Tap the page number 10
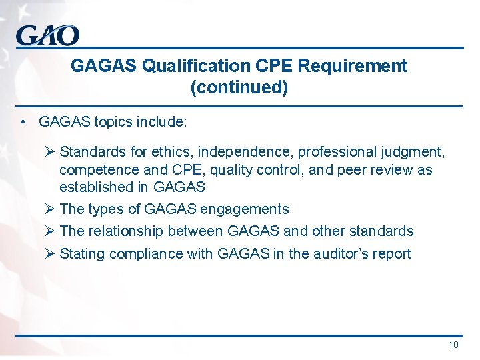click(453, 345)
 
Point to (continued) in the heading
click(239, 87)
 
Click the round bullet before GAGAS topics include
click(23, 122)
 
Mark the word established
click(97, 187)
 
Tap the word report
click(393, 253)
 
